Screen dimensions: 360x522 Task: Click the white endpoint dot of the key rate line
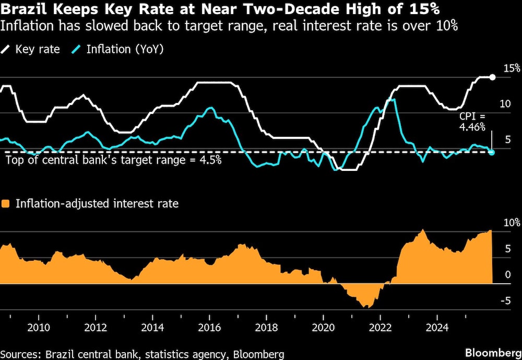click(492, 77)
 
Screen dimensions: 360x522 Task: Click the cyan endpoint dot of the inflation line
click(491, 152)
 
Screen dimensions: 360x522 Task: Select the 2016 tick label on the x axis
click(209, 328)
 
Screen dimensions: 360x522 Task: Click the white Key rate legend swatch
click(6, 50)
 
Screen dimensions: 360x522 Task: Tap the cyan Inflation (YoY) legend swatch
click(77, 50)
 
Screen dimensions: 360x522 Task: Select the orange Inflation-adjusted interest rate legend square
click(6, 204)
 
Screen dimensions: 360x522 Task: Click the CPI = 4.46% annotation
click(472, 122)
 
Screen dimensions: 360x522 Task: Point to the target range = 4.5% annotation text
click(113, 160)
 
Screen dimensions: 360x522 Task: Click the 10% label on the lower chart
click(510, 223)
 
